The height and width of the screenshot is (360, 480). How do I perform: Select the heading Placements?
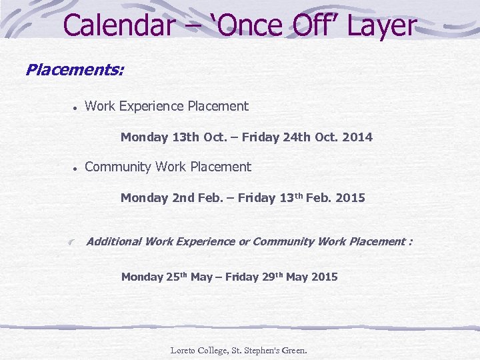tap(74, 69)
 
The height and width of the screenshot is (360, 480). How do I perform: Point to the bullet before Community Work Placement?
tap(77, 169)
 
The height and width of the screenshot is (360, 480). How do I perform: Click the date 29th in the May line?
tap(270, 277)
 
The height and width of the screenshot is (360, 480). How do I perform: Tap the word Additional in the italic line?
tap(114, 241)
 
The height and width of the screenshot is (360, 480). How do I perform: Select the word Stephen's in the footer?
tap(253, 350)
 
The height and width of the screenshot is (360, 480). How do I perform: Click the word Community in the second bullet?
tap(118, 167)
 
